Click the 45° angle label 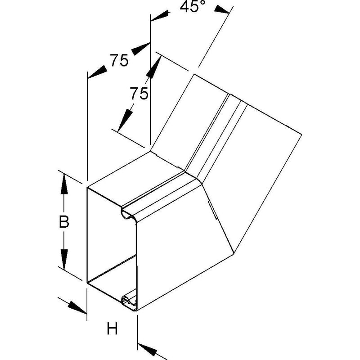click(193, 7)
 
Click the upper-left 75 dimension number click(119, 60)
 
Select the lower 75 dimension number click(139, 94)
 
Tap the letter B click(64, 222)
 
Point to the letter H click(112, 328)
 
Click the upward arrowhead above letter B click(64, 184)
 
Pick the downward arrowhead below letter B click(64, 260)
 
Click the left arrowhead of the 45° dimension click(160, 16)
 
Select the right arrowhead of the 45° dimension click(222, 10)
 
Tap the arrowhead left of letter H click(77, 307)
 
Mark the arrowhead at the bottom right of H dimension click(147, 350)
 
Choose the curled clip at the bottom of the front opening click(129, 301)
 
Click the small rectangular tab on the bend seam click(212, 210)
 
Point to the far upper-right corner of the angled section click(301, 134)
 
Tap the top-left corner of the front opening click(87, 188)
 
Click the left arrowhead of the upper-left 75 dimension click(97, 72)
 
